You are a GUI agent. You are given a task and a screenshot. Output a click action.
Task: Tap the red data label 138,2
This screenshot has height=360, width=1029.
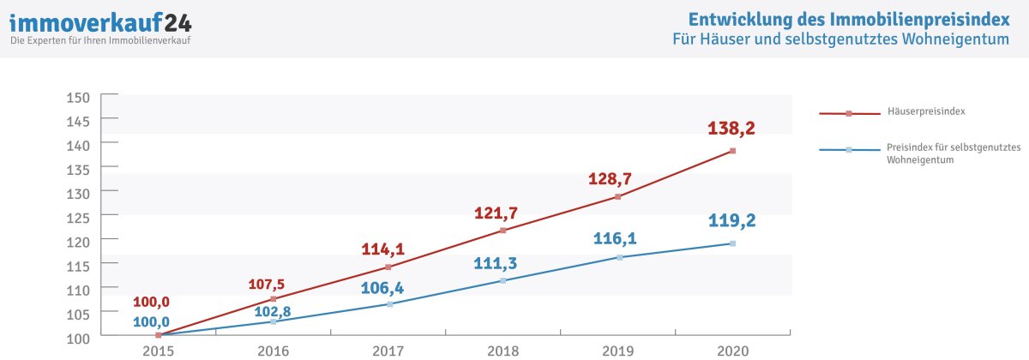click(x=731, y=129)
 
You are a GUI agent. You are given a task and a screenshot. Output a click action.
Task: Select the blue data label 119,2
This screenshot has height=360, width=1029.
click(x=731, y=220)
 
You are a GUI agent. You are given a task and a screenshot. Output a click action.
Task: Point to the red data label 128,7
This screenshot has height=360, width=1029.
click(x=610, y=179)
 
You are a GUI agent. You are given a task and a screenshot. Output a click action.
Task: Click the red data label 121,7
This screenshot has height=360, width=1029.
click(x=496, y=213)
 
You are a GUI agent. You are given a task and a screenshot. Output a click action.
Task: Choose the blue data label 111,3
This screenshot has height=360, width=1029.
click(x=496, y=262)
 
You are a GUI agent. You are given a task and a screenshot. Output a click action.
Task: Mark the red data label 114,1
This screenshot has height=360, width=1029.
click(x=382, y=249)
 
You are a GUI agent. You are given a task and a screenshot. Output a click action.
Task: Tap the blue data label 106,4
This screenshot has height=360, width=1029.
click(x=382, y=287)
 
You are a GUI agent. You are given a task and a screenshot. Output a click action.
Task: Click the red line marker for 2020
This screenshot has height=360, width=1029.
click(x=732, y=151)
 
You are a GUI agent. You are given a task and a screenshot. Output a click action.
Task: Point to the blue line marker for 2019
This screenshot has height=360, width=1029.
click(x=618, y=257)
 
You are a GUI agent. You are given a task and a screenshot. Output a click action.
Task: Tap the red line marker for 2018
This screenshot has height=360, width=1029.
click(x=503, y=231)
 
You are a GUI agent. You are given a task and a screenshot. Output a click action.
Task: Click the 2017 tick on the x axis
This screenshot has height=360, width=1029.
click(x=388, y=351)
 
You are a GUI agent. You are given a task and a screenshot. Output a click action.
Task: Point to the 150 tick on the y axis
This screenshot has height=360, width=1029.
click(x=78, y=97)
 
